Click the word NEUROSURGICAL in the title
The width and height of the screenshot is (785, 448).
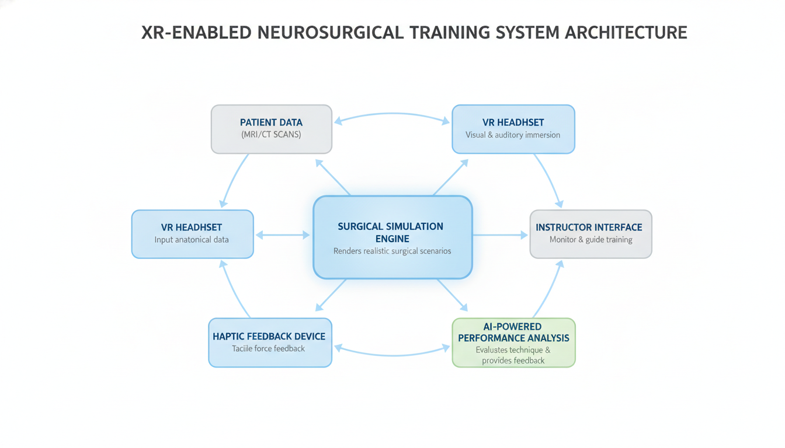331,32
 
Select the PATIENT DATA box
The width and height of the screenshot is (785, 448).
271,129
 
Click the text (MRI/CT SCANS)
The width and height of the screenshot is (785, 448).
271,135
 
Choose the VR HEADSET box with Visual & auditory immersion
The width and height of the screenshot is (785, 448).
513,129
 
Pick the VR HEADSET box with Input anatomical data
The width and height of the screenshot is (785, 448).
192,234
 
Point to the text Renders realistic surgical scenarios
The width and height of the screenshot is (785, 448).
392,251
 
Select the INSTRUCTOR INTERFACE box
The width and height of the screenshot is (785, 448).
590,234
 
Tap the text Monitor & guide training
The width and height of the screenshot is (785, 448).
591,240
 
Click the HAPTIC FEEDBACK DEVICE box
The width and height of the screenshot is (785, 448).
270,342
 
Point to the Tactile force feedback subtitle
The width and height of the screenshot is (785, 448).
269,349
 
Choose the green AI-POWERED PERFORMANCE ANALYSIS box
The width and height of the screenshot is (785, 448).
513,342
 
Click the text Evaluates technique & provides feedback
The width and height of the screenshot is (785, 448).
513,355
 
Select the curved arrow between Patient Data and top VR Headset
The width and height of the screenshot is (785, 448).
392,114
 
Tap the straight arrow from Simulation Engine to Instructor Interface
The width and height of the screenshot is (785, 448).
501,235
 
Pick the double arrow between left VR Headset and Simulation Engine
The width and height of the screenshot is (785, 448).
283,235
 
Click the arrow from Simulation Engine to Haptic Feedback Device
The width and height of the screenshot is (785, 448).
331,295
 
